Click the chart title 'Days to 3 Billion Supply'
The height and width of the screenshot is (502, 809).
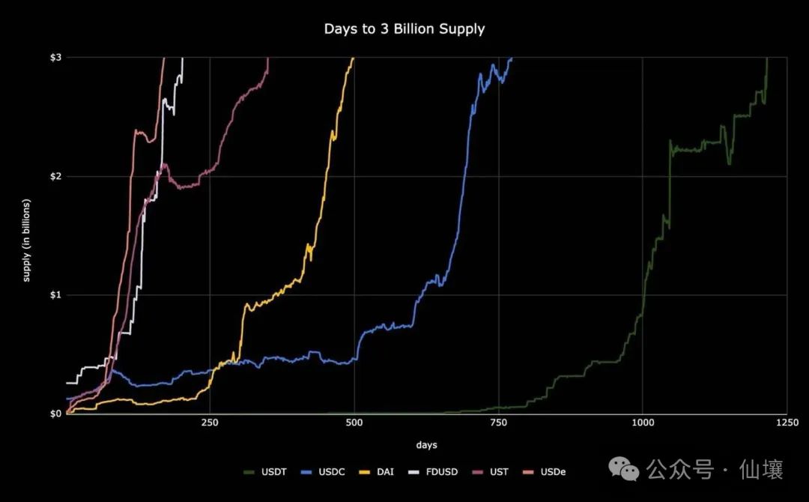coord(404,29)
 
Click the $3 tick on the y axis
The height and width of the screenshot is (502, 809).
coord(56,58)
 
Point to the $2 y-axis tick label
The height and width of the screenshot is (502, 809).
coord(56,176)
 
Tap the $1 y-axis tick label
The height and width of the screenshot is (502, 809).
coord(56,295)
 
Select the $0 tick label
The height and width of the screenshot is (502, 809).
coord(56,414)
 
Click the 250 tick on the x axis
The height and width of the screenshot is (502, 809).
coord(210,423)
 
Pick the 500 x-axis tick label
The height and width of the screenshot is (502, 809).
coord(354,423)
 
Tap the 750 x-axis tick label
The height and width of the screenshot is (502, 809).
coord(498,423)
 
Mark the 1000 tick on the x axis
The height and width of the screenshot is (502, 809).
coord(642,423)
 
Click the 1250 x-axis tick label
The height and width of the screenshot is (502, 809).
coord(786,423)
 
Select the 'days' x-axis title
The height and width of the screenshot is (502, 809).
coord(426,445)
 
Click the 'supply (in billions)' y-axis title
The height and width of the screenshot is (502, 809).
coord(27,241)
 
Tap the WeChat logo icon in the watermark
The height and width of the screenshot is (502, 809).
coord(623,469)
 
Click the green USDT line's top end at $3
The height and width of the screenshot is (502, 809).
coord(767,59)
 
